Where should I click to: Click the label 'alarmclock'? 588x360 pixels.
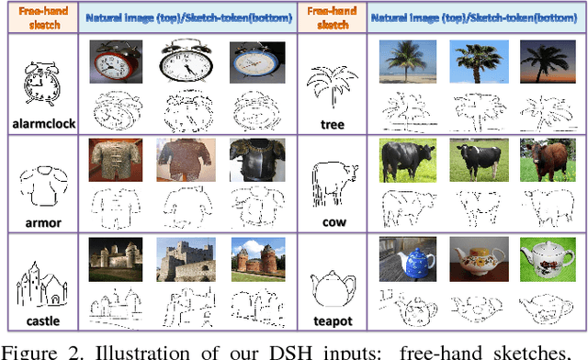39,123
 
